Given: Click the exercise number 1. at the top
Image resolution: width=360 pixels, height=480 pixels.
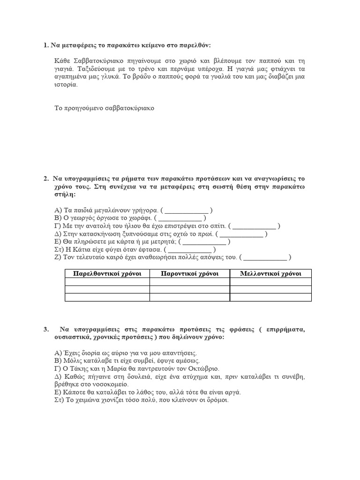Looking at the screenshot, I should pyautogui.click(x=45, y=45).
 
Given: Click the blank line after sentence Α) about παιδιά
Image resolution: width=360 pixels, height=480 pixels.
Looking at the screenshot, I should pyautogui.click(x=187, y=210).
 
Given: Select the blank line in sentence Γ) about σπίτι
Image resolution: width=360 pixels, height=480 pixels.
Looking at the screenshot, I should pyautogui.click(x=255, y=226).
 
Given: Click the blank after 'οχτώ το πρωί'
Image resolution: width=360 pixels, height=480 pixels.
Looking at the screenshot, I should pyautogui.click(x=242, y=234).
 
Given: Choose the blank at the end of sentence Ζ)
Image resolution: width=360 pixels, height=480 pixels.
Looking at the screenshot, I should pyautogui.click(x=265, y=258).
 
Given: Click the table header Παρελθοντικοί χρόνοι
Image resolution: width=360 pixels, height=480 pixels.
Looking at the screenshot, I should pyautogui.click(x=107, y=274).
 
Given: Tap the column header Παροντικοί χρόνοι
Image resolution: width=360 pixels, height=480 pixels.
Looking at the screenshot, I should pyautogui.click(x=189, y=274).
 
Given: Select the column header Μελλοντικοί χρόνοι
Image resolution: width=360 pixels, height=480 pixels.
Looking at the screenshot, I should pyautogui.click(x=270, y=274).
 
